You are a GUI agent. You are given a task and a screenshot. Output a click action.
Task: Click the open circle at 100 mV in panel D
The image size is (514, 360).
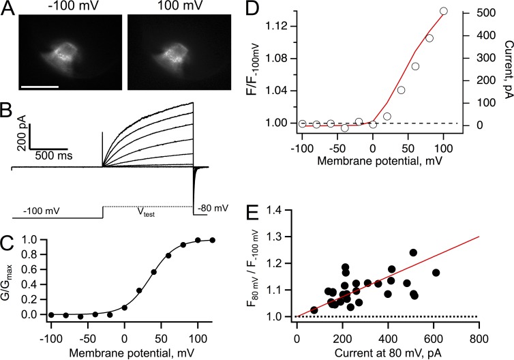(444, 11)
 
